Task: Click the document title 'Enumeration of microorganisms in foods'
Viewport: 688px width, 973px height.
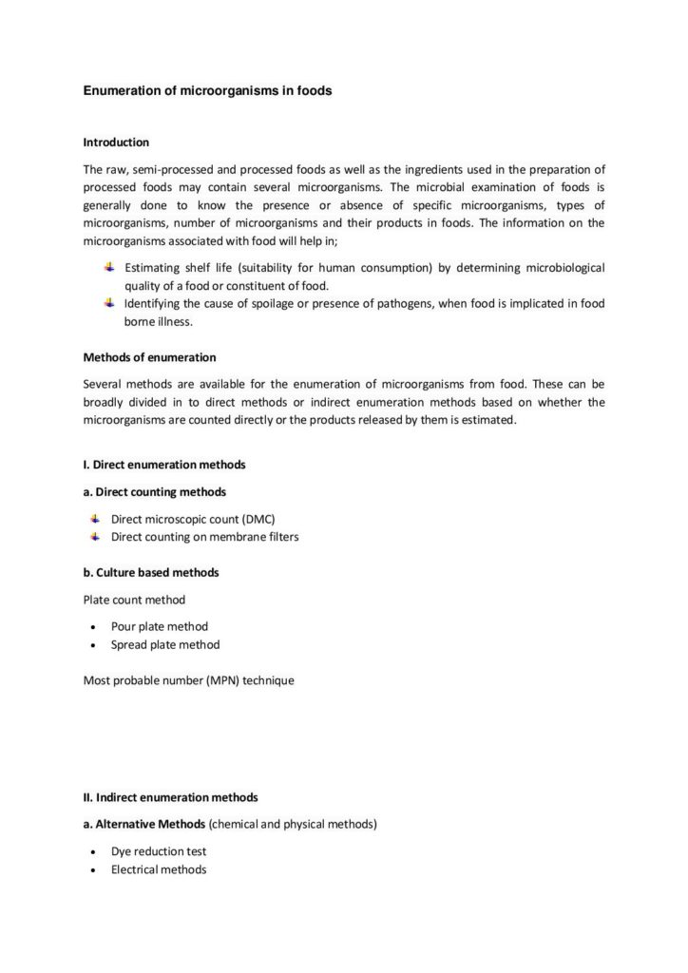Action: [x=207, y=92]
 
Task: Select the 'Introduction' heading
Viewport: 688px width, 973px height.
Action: [x=116, y=143]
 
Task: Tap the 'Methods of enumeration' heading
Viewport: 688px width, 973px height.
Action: [x=149, y=357]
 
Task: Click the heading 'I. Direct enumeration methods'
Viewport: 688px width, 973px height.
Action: [x=164, y=465]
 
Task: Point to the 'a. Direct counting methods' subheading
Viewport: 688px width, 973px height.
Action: [x=154, y=492]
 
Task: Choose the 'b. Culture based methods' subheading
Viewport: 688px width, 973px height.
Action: [x=151, y=573]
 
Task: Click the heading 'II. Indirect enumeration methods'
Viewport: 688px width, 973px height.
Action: [x=170, y=797]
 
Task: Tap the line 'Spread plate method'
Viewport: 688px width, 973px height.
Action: [x=165, y=644]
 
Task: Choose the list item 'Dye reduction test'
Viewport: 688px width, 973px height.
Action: [x=159, y=851]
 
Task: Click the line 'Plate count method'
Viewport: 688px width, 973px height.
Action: [x=134, y=600]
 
